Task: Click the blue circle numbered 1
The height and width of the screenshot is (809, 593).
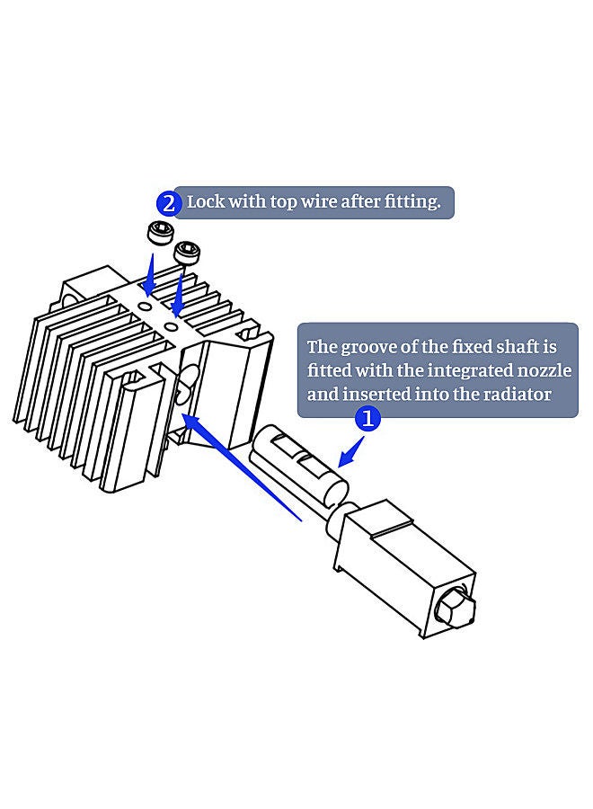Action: [367, 419]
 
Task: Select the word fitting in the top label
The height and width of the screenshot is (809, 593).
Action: [412, 201]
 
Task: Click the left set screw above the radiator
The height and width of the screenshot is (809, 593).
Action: [159, 236]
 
